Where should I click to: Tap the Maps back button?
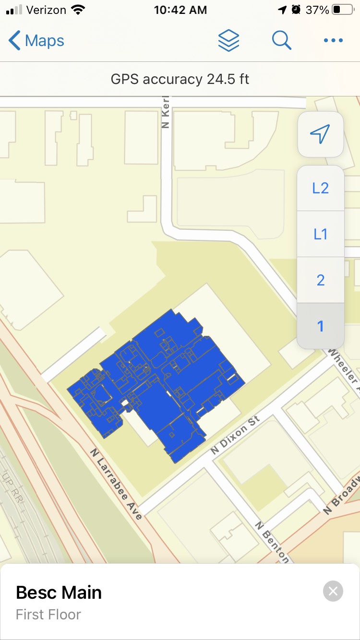click(x=36, y=41)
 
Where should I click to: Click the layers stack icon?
click(x=228, y=40)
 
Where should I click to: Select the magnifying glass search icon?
click(x=281, y=40)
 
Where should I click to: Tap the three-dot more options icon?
click(x=333, y=41)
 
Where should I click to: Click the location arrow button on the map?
click(x=320, y=134)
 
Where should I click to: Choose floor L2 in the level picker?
click(x=320, y=188)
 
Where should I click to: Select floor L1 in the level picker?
click(x=320, y=234)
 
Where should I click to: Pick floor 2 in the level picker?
click(x=320, y=280)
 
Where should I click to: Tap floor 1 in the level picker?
click(x=320, y=326)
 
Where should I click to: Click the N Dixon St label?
click(x=235, y=436)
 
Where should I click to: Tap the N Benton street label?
click(x=272, y=542)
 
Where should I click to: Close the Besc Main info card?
click(x=333, y=591)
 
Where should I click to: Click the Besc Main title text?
click(x=59, y=593)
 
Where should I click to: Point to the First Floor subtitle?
click(x=48, y=615)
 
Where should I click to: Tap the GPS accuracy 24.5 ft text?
click(x=180, y=79)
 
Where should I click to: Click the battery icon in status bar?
click(x=342, y=10)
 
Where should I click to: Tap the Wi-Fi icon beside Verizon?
click(x=78, y=10)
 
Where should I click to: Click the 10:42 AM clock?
click(x=180, y=10)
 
